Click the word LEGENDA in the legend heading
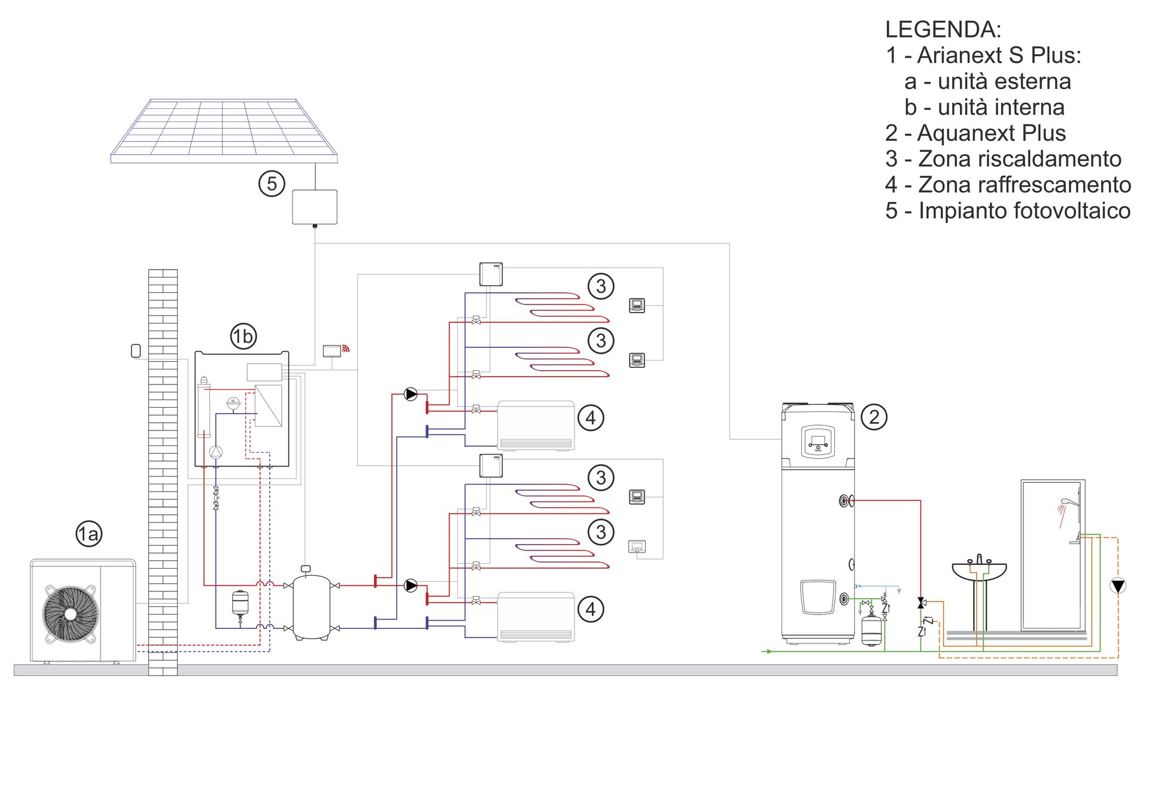click(x=942, y=29)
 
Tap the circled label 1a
click(x=89, y=533)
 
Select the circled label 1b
click(x=243, y=336)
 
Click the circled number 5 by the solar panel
click(x=272, y=184)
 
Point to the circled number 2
click(x=874, y=417)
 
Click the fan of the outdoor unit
click(x=70, y=613)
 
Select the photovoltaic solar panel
click(x=224, y=130)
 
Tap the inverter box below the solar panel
click(x=314, y=207)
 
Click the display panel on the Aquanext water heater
click(x=817, y=442)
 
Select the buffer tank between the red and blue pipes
click(x=311, y=606)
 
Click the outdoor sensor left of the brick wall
click(x=136, y=350)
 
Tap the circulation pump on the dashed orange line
click(x=1117, y=585)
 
